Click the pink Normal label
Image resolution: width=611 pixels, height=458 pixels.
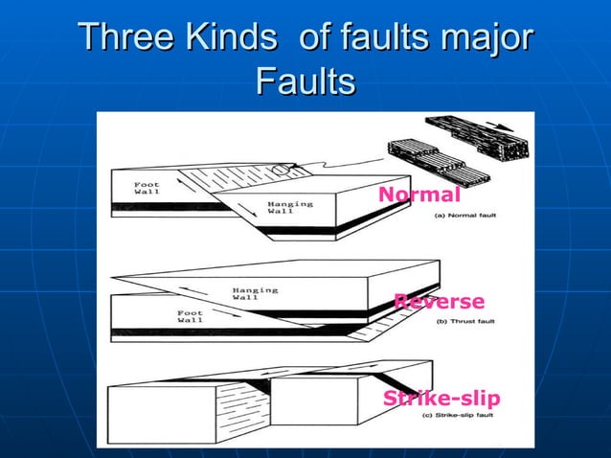[419, 195]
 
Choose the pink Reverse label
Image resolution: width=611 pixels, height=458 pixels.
[440, 302]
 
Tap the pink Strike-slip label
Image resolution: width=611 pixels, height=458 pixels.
[441, 399]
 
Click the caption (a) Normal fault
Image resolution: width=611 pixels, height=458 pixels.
[466, 217]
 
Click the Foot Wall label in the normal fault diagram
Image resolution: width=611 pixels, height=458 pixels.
[147, 188]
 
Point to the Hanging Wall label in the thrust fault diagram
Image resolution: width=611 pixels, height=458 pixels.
[255, 293]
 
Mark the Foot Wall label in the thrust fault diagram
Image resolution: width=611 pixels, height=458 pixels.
[191, 315]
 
